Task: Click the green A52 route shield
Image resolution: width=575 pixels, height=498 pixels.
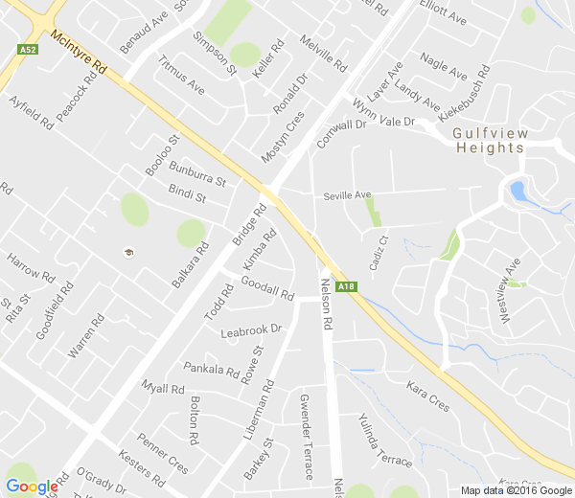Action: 27,49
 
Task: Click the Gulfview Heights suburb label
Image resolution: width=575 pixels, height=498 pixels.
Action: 489,141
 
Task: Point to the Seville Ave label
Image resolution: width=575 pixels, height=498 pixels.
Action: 347,195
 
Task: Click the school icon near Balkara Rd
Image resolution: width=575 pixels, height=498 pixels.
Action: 127,252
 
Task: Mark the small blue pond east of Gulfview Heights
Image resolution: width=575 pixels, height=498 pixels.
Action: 517,191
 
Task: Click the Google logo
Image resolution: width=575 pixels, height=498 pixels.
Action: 32,487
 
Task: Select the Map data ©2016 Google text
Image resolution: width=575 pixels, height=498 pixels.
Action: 516,490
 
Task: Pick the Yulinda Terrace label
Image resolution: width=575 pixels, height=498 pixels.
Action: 383,441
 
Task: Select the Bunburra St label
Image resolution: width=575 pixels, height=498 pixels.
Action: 197,173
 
